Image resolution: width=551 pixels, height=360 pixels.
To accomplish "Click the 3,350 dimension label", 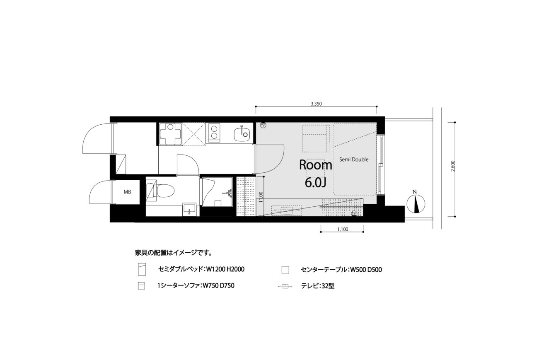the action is pyautogui.click(x=317, y=104).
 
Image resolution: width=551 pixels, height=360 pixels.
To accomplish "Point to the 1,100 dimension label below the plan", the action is pyautogui.click(x=343, y=230).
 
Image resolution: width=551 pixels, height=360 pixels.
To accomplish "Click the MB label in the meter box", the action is pyautogui.click(x=128, y=192).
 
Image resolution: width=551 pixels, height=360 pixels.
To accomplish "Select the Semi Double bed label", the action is pyautogui.click(x=354, y=159).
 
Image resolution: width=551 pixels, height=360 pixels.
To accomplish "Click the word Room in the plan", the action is pyautogui.click(x=316, y=165).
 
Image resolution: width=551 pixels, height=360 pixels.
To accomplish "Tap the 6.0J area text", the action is pyautogui.click(x=316, y=182).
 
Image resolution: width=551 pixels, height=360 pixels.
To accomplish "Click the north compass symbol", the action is pyautogui.click(x=416, y=203).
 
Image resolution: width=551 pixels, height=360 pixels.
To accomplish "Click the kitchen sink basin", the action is pyautogui.click(x=242, y=134).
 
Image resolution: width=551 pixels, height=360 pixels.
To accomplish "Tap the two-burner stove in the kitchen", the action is pyautogui.click(x=214, y=133).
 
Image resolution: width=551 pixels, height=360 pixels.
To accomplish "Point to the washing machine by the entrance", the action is pyautogui.click(x=170, y=134).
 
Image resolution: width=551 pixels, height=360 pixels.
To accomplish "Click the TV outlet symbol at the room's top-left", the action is pyautogui.click(x=263, y=126).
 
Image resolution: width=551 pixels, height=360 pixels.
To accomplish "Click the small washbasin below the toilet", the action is pyautogui.click(x=189, y=210).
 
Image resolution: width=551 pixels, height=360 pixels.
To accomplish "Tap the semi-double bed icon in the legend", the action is pyautogui.click(x=142, y=269).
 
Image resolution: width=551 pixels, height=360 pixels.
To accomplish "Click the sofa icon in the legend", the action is pyautogui.click(x=141, y=286).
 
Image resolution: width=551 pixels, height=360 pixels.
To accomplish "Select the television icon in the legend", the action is pyautogui.click(x=285, y=286).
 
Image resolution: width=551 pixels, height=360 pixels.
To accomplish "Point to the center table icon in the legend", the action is pyautogui.click(x=285, y=270).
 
